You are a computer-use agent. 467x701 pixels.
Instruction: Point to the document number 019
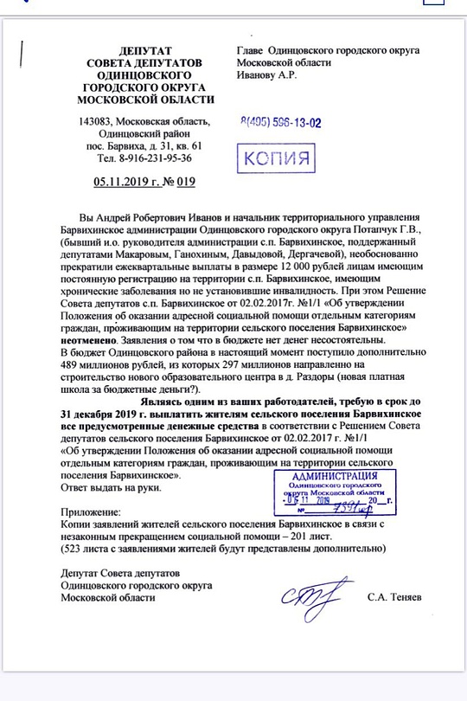coord(186,182)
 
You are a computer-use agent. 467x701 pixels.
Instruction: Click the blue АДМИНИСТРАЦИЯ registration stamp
coord(347,494)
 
